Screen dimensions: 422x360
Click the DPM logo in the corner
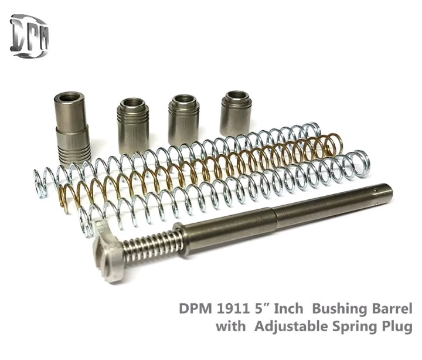coord(30,36)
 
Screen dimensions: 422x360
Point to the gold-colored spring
coord(199,172)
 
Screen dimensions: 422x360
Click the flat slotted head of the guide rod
coord(108,250)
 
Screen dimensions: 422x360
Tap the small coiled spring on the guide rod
coord(152,246)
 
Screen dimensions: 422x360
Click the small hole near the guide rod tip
coord(375,191)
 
